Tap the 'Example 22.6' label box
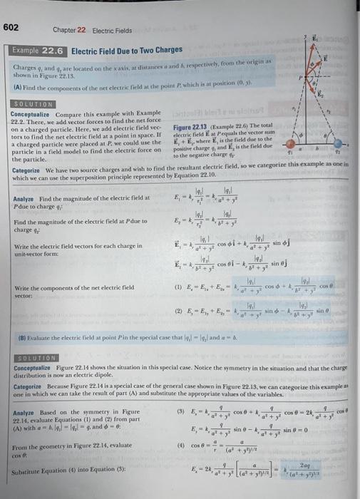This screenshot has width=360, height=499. click(37, 51)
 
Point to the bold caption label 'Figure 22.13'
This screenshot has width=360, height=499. click(190, 127)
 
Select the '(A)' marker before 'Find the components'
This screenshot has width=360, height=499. click(16, 86)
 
